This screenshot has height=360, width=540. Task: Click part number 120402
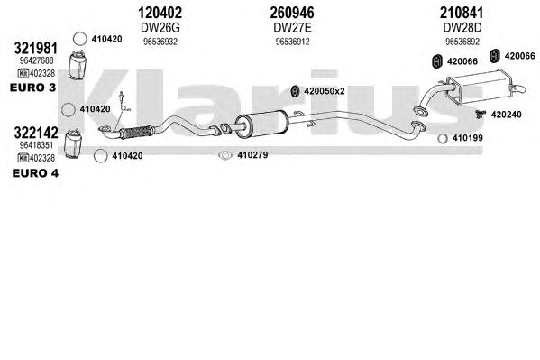(160, 14)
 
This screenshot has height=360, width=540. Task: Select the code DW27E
(292, 28)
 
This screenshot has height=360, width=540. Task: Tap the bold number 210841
(462, 14)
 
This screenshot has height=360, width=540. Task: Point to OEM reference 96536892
(462, 42)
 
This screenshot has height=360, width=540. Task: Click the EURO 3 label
(32, 88)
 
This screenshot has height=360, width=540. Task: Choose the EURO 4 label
(35, 173)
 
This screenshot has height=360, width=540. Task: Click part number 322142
(36, 133)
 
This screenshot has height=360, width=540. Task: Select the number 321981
(35, 49)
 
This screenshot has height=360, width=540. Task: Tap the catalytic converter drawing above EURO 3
(78, 65)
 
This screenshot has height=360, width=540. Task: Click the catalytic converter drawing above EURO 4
(73, 144)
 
